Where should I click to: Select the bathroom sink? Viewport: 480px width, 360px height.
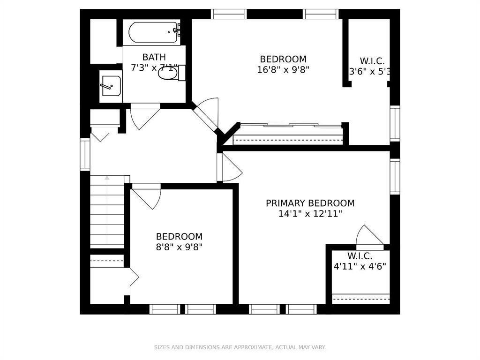pyautogui.click(x=110, y=86)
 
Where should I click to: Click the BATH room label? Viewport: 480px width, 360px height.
pyautogui.click(x=154, y=57)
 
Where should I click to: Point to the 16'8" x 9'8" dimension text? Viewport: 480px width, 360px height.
pyautogui.click(x=283, y=69)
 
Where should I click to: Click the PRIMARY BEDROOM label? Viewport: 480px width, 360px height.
pyautogui.click(x=310, y=203)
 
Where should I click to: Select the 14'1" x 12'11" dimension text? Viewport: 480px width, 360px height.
pyautogui.click(x=310, y=214)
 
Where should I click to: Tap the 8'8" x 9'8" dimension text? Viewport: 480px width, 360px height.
pyautogui.click(x=179, y=247)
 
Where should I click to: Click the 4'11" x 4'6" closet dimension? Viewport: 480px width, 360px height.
pyautogui.click(x=360, y=267)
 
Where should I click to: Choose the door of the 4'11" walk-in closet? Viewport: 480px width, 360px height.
pyautogui.click(x=370, y=235)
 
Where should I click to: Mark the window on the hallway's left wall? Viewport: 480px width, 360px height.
pyautogui.click(x=85, y=154)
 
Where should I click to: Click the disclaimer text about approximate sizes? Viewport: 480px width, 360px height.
pyautogui.click(x=240, y=347)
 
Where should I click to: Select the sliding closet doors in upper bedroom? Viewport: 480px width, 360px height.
pyautogui.click(x=289, y=126)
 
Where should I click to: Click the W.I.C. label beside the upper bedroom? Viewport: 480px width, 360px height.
pyautogui.click(x=372, y=61)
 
